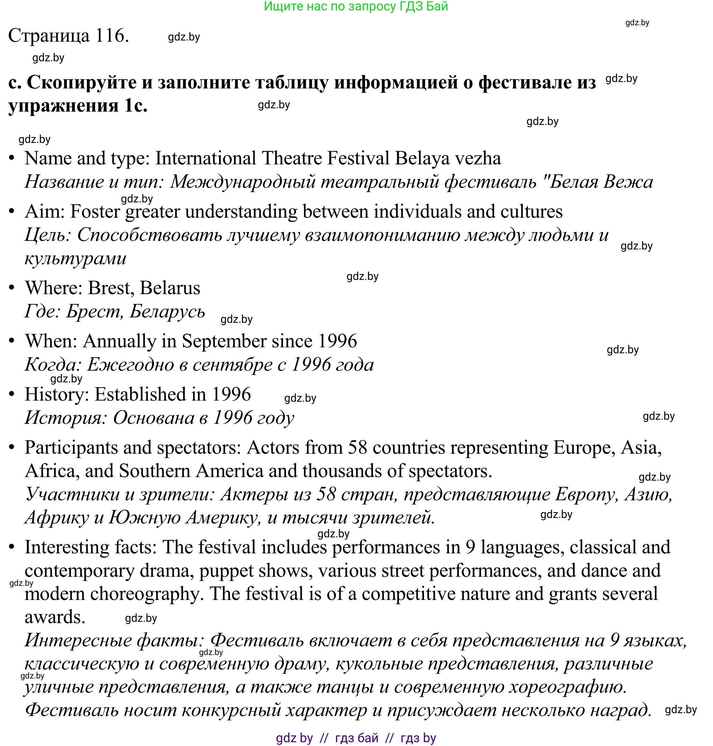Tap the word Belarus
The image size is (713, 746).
[170, 288]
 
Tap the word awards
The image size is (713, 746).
[54, 617]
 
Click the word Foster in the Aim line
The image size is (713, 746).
[95, 212]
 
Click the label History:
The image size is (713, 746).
[57, 394]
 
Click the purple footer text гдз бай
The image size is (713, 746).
[356, 738]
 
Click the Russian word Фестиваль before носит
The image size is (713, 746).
[71, 710]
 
